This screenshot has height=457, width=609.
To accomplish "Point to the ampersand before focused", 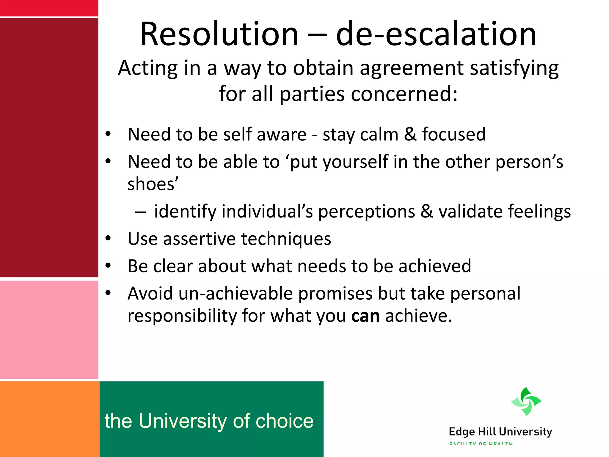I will pos(410,134).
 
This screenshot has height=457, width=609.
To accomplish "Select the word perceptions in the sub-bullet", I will pos(367,212).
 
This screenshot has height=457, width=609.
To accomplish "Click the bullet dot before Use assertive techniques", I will pos(108,238).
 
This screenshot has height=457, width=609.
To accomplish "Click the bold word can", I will pos(365,316).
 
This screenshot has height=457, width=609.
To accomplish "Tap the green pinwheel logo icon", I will pos(526,401).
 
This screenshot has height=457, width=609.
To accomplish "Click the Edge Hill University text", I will pos(500,432).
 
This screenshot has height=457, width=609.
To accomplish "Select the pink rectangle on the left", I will pos(49,330).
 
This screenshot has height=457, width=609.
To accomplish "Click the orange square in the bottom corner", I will pos(49,419).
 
